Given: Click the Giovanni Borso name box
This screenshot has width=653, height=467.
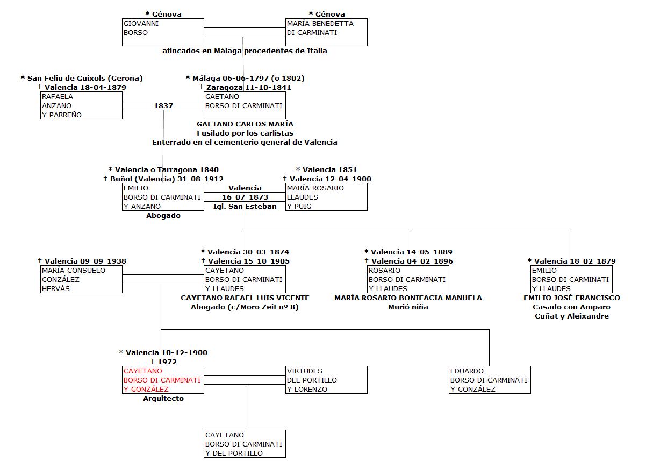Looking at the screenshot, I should (163, 32).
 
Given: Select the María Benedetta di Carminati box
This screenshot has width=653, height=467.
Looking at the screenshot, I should (326, 32).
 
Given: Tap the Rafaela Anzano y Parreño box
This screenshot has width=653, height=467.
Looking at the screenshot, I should (82, 105).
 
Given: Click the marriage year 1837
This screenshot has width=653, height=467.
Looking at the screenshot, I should (163, 106).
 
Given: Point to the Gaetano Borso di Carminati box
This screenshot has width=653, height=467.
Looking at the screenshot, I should (245, 105).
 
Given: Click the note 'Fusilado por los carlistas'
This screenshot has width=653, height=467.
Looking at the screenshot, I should (245, 133).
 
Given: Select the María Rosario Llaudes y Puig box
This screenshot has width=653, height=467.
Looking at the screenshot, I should (326, 197).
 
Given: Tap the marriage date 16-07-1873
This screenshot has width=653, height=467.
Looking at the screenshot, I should (245, 197).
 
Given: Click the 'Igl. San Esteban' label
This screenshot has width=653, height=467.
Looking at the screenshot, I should (245, 206).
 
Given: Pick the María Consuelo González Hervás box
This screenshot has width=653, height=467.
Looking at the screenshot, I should (82, 279).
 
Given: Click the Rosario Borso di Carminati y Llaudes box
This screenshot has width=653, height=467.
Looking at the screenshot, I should (408, 279).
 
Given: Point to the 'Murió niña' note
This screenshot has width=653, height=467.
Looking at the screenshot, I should (408, 307).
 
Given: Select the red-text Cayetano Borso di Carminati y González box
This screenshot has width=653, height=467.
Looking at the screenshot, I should (163, 380).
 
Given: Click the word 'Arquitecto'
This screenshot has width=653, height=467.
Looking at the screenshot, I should (163, 399).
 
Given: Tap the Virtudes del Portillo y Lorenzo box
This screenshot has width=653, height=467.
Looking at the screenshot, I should (326, 380).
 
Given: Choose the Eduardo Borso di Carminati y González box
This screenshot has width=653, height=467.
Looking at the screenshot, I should (490, 380).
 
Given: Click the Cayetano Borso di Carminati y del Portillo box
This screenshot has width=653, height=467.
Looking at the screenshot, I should (245, 444).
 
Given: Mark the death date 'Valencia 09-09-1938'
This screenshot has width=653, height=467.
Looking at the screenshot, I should (85, 261).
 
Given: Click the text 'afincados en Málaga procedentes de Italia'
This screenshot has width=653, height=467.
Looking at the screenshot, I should (245, 51).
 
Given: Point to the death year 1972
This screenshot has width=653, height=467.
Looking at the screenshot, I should (167, 362).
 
